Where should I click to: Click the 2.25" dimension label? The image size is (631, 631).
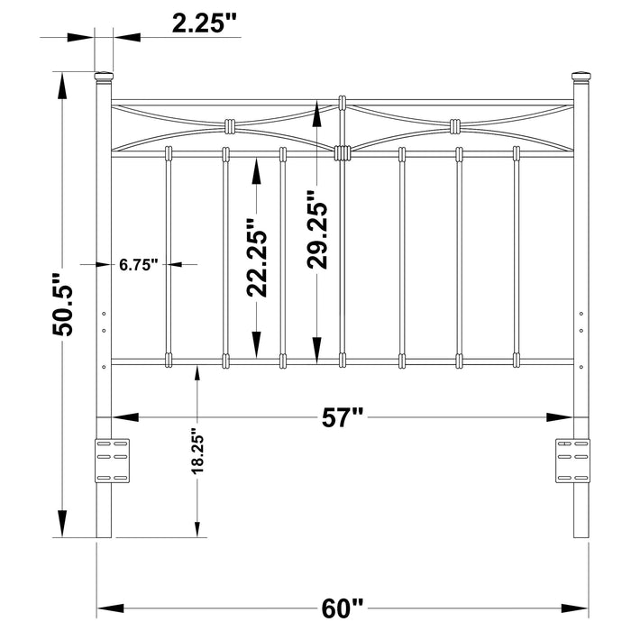[x=205, y=24]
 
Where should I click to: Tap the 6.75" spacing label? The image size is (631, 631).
[x=138, y=264]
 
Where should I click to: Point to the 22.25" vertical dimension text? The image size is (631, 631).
[x=258, y=258]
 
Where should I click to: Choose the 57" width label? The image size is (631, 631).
[x=343, y=416]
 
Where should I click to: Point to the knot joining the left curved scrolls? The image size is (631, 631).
[x=228, y=125]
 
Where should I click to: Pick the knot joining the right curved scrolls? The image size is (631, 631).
[x=457, y=125]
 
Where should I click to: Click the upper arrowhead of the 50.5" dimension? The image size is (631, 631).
[x=61, y=85]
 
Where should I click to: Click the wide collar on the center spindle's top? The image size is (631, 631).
[x=342, y=152]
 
